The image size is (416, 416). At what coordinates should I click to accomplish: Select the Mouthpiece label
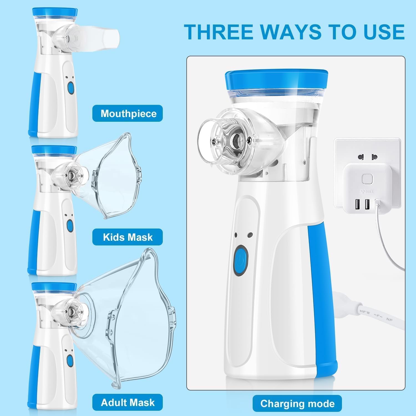(128, 113)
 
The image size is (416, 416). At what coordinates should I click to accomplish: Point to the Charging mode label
(297, 404)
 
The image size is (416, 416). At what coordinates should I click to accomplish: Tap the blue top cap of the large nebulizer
(277, 80)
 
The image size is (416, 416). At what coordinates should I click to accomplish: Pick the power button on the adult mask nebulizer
(70, 360)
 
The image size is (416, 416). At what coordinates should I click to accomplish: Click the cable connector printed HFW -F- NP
(372, 313)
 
